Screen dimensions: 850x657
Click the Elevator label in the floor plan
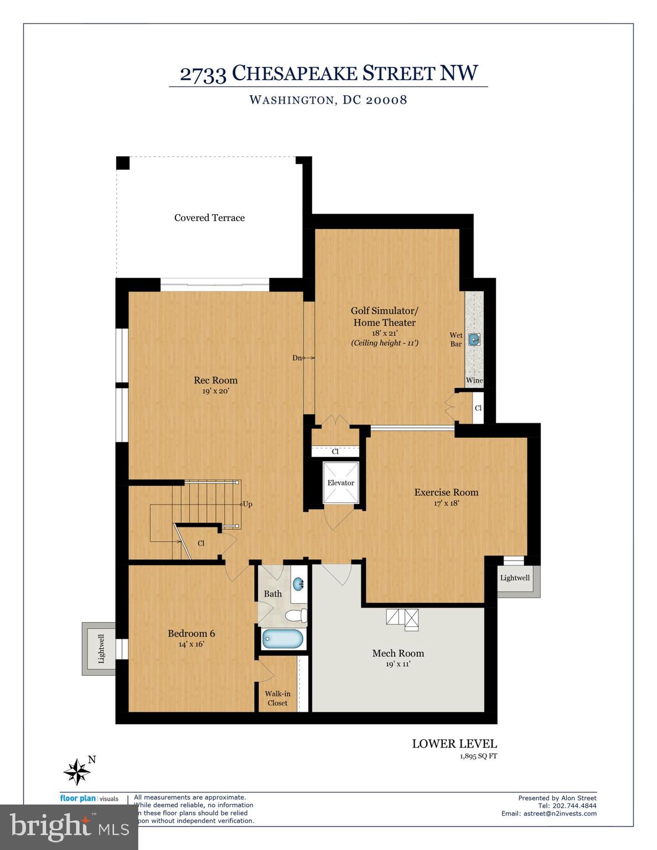pyautogui.click(x=340, y=483)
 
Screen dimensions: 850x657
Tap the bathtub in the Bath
pyautogui.click(x=283, y=639)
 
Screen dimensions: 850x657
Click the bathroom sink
pyautogui.click(x=298, y=583)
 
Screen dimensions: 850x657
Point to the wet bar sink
pyautogui.click(x=474, y=339)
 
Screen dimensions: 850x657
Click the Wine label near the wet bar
pyautogui.click(x=474, y=380)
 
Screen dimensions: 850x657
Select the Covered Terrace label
pyautogui.click(x=209, y=217)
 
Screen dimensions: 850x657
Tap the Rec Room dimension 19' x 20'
pyautogui.click(x=215, y=391)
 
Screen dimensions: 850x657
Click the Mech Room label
pyautogui.click(x=398, y=653)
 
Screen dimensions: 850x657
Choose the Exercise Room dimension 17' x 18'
pyautogui.click(x=446, y=504)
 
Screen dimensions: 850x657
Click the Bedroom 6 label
pyautogui.click(x=191, y=633)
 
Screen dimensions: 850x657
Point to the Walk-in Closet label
pyautogui.click(x=277, y=698)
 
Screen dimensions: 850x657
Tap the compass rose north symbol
pyautogui.click(x=77, y=771)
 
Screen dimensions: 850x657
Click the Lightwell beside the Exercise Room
pyautogui.click(x=515, y=578)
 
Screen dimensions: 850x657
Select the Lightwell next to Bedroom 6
pyautogui.click(x=101, y=649)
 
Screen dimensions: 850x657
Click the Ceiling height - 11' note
pyautogui.click(x=384, y=343)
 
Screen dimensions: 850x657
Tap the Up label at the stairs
pyautogui.click(x=247, y=504)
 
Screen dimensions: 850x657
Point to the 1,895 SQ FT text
pyautogui.click(x=478, y=756)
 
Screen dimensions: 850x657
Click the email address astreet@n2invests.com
pyautogui.click(x=560, y=813)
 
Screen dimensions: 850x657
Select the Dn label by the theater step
pyautogui.click(x=297, y=358)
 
